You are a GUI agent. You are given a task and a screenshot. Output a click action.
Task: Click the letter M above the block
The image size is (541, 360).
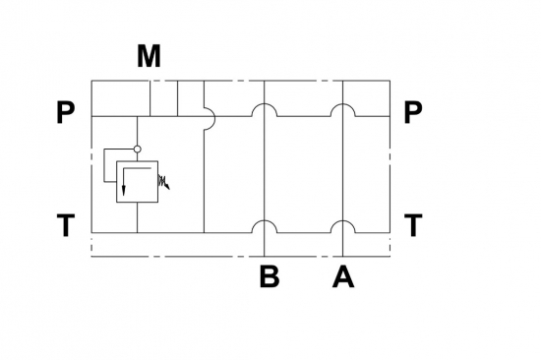click(149, 56)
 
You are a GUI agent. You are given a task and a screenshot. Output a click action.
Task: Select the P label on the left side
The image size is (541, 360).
click(65, 112)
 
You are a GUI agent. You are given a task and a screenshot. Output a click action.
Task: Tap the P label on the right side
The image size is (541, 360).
click(413, 112)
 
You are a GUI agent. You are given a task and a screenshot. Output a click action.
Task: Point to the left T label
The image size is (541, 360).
click(66, 225)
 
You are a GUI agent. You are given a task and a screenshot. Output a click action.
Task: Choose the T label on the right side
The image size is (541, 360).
click(413, 225)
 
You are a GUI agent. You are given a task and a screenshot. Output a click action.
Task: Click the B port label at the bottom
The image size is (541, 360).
click(270, 276)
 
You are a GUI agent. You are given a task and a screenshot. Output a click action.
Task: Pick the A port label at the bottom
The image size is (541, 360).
click(343, 276)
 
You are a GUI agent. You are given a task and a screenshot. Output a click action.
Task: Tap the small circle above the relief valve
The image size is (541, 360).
click(138, 150)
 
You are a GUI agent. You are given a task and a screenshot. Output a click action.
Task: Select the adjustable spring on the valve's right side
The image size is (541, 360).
click(163, 182)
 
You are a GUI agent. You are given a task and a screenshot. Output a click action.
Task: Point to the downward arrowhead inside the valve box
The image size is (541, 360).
click(124, 191)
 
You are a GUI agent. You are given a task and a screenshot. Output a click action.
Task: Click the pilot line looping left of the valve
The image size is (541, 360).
click(104, 165)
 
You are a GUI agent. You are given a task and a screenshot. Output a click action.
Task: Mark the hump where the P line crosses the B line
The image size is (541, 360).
click(264, 104)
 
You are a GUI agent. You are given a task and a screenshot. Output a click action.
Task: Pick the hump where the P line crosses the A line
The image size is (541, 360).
click(342, 104)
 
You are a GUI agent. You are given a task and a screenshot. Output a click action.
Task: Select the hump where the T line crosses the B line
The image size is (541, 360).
click(264, 221)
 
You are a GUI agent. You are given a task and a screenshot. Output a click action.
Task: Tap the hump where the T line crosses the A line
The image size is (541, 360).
click(342, 221)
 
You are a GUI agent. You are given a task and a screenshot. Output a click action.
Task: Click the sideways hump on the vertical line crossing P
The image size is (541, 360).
click(214, 117)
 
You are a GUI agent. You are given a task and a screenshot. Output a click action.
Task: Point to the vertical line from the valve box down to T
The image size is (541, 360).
click(138, 217)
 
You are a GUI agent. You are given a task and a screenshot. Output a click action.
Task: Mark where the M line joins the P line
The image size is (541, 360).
click(150, 117)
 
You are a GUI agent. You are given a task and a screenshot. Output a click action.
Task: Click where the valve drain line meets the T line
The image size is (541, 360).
click(138, 233)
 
